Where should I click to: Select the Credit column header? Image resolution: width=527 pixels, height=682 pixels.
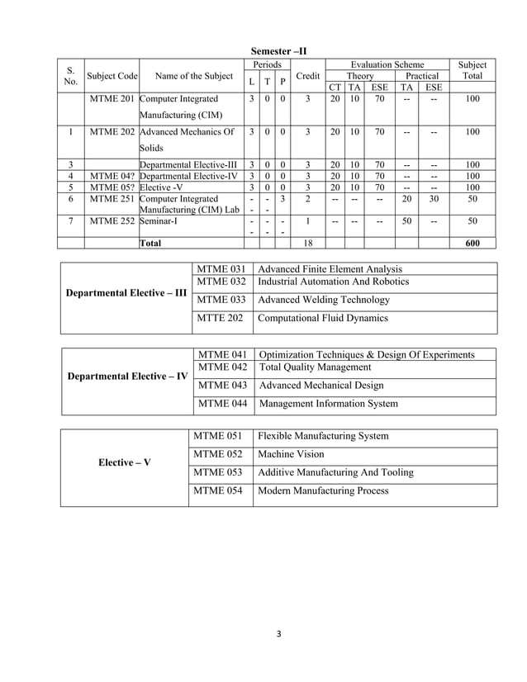(306, 76)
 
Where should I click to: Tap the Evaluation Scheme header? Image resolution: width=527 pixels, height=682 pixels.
(387, 64)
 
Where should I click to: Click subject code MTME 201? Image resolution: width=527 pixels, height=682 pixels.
(112, 98)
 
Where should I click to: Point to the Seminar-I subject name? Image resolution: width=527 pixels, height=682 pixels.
(161, 221)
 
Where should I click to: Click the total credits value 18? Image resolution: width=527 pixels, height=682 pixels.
(307, 244)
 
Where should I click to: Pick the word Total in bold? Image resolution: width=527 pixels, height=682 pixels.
(150, 244)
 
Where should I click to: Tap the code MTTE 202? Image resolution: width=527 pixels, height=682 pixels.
(221, 318)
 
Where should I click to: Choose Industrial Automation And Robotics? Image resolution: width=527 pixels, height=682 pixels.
(333, 282)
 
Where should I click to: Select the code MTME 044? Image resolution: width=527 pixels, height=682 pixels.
(222, 404)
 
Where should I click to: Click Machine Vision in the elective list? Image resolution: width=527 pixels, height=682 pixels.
(291, 454)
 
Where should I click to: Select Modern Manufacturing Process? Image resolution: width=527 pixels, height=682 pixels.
(323, 490)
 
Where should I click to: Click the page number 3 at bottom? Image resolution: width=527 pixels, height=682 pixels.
(279, 634)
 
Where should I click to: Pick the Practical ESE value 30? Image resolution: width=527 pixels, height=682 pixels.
(434, 199)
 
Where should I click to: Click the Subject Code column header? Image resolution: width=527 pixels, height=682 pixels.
(112, 76)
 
